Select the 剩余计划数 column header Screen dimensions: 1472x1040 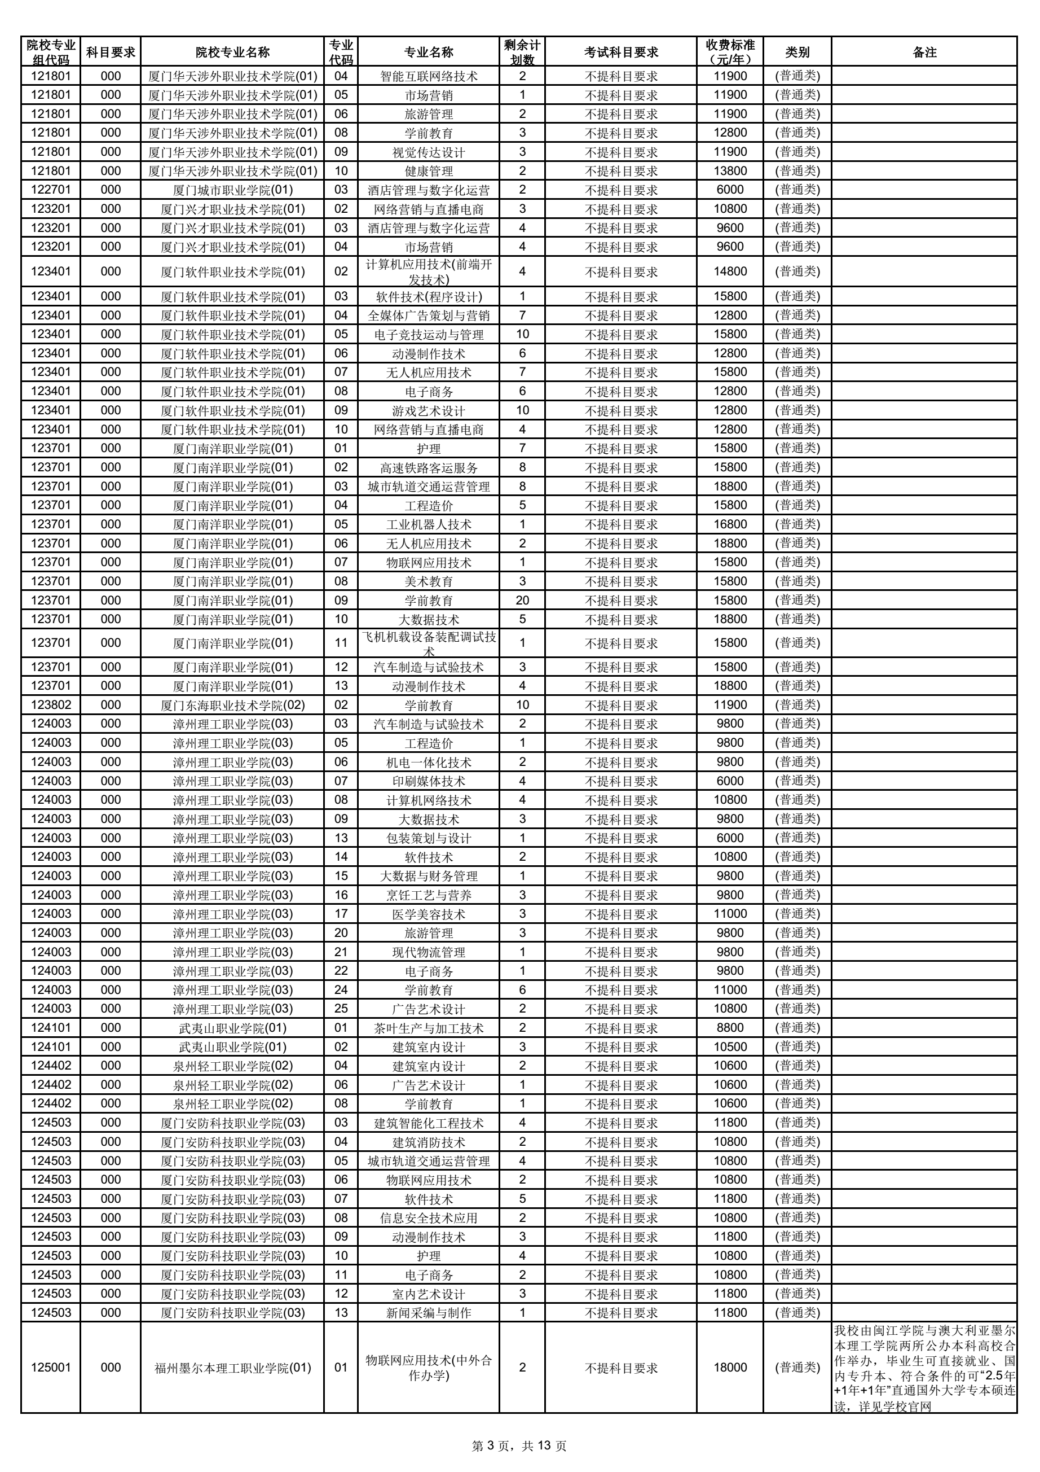[x=522, y=52]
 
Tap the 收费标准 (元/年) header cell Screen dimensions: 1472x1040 [x=730, y=52]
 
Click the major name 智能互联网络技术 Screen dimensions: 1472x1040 [x=428, y=76]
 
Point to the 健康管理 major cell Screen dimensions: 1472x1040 [x=428, y=171]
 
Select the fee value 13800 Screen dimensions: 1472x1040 [x=730, y=171]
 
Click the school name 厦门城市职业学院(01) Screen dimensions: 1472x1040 [x=232, y=190]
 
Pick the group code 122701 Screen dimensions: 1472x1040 [x=51, y=190]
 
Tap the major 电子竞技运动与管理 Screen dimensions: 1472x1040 [x=428, y=335]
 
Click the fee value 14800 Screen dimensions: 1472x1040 [x=730, y=271]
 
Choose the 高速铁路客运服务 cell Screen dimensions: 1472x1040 [x=428, y=467]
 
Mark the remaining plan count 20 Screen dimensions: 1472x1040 [x=522, y=600]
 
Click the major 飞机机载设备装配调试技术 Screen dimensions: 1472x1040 [x=428, y=642]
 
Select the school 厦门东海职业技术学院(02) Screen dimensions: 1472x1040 [x=232, y=705]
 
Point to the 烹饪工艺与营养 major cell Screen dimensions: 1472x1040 [x=428, y=895]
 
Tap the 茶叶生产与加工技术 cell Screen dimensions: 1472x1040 [x=428, y=1028]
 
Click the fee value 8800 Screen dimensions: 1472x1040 [x=730, y=1028]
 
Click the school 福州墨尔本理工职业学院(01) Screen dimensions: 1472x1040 [x=232, y=1368]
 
